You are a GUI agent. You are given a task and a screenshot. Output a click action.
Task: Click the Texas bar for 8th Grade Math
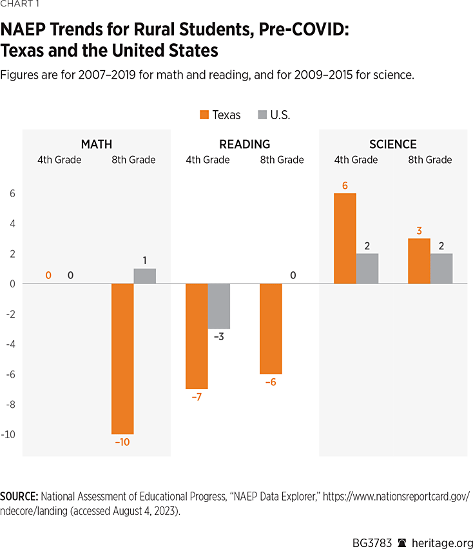[122, 359]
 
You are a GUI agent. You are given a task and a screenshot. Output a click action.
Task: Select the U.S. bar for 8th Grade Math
[144, 276]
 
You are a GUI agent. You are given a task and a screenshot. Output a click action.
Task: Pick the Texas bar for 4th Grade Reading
[197, 336]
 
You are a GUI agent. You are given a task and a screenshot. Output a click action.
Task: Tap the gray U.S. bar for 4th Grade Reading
[218, 306]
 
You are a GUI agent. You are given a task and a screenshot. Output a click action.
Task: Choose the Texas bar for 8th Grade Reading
[271, 329]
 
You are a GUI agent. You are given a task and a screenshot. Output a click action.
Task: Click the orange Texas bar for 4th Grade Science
[345, 238]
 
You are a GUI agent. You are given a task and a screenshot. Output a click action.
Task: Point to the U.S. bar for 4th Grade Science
[367, 269]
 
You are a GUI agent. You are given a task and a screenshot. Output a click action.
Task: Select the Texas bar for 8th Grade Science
[419, 261]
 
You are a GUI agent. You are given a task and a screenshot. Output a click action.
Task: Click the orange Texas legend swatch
[204, 115]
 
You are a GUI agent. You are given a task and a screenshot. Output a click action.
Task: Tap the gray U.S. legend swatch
[262, 115]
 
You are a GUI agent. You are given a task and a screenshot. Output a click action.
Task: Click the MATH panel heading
[97, 144]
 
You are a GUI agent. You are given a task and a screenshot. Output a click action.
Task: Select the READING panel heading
[245, 144]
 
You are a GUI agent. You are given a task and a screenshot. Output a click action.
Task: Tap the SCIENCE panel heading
[393, 144]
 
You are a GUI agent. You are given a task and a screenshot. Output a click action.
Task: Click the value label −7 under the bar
[197, 397]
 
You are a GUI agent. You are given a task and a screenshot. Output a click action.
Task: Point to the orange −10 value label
[122, 442]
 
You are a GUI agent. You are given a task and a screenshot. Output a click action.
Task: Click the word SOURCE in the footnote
[19, 496]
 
